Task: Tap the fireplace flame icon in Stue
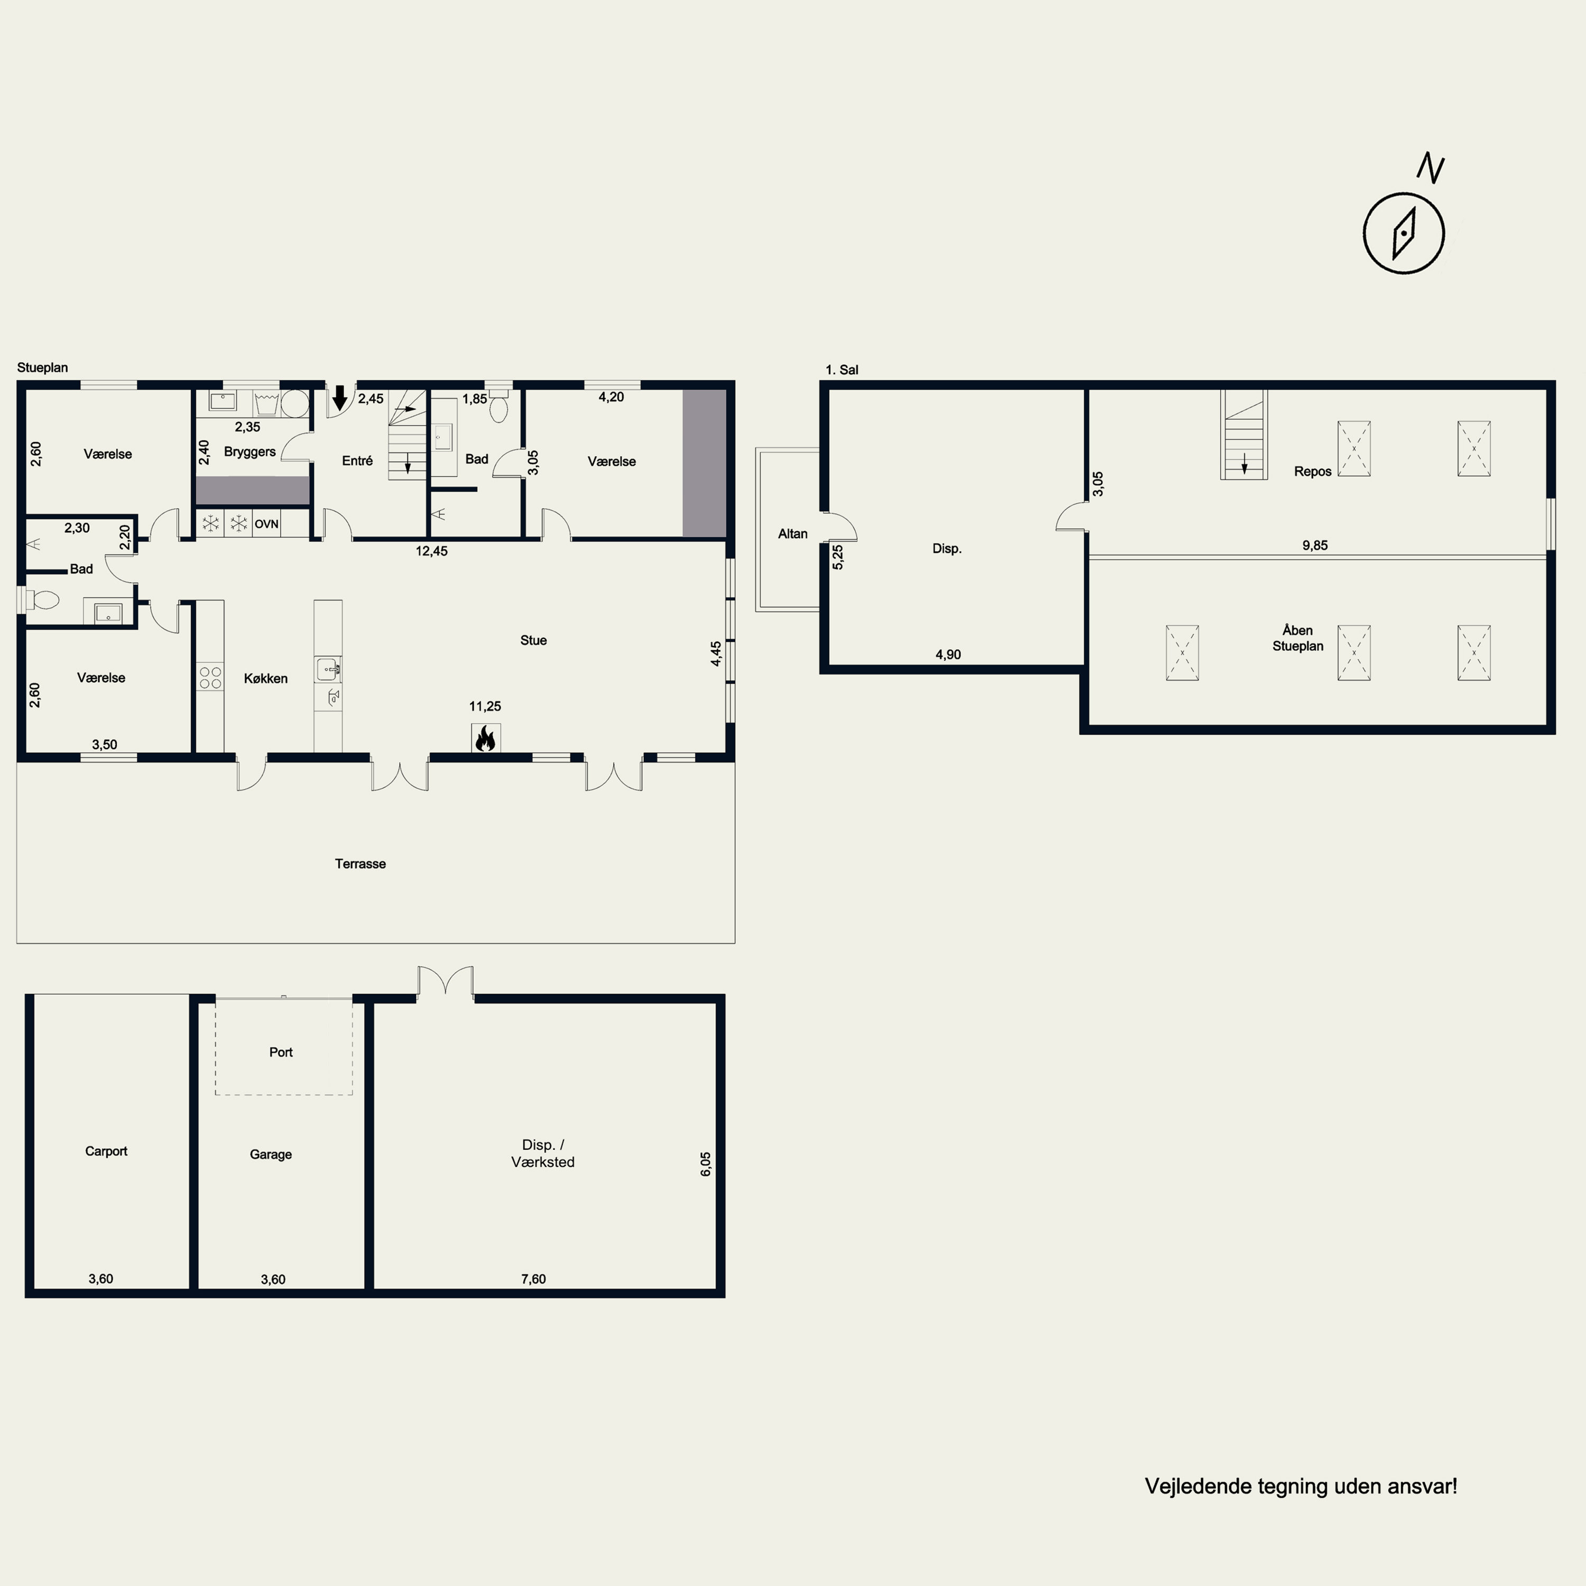pyautogui.click(x=485, y=738)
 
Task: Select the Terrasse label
pyautogui.click(x=361, y=864)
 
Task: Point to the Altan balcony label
pyautogui.click(x=793, y=533)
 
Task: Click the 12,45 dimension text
pyautogui.click(x=432, y=551)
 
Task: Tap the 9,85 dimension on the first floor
pyautogui.click(x=1315, y=545)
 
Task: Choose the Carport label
pyautogui.click(x=107, y=1151)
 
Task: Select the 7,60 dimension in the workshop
pyautogui.click(x=533, y=1279)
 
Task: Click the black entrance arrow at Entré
pyautogui.click(x=339, y=398)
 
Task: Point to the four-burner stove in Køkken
pyautogui.click(x=210, y=677)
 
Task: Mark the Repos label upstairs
pyautogui.click(x=1313, y=471)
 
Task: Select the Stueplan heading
pyautogui.click(x=43, y=368)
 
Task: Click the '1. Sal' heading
pyautogui.click(x=842, y=370)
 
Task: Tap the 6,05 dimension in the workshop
pyautogui.click(x=706, y=1164)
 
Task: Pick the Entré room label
pyautogui.click(x=357, y=460)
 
